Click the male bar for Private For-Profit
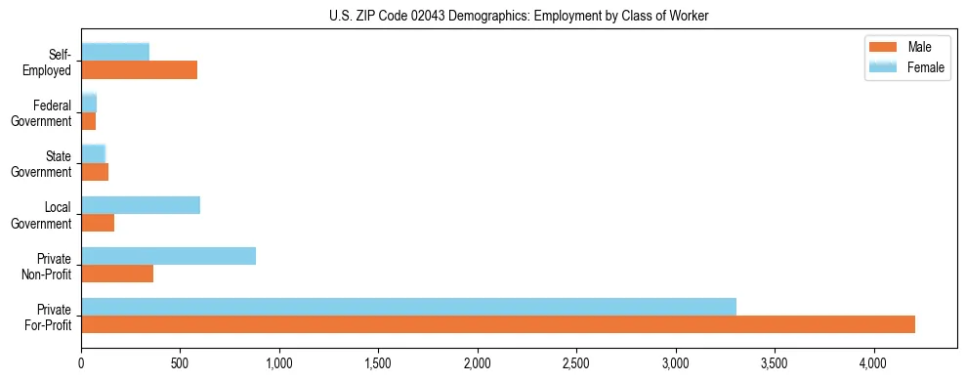[498, 324]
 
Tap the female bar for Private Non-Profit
[168, 256]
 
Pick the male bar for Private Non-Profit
[117, 274]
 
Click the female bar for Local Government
[141, 205]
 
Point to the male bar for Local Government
[98, 223]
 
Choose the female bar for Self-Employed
[115, 52]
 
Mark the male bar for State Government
[95, 172]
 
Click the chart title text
[520, 15]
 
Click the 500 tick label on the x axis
[180, 364]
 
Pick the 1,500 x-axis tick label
[378, 364]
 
